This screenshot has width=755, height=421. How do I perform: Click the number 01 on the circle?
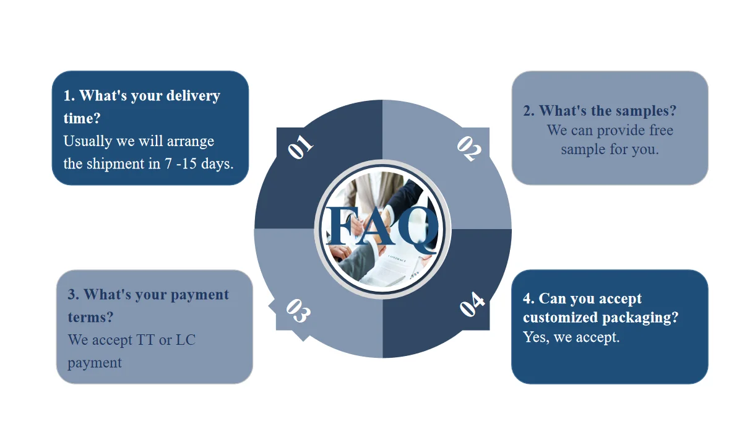tap(301, 147)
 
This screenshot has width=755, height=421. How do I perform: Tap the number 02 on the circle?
tap(469, 149)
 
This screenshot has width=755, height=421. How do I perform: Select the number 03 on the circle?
tap(297, 311)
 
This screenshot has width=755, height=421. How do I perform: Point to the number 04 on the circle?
tap(472, 305)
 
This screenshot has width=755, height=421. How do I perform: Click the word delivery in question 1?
tap(192, 96)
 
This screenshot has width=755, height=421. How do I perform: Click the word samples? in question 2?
tap(645, 111)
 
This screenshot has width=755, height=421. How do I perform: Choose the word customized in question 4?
tap(561, 318)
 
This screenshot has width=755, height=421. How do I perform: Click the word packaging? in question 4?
tap(641, 318)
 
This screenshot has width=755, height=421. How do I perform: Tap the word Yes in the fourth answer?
tap(535, 337)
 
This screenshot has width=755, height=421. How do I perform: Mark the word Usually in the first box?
tap(88, 141)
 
